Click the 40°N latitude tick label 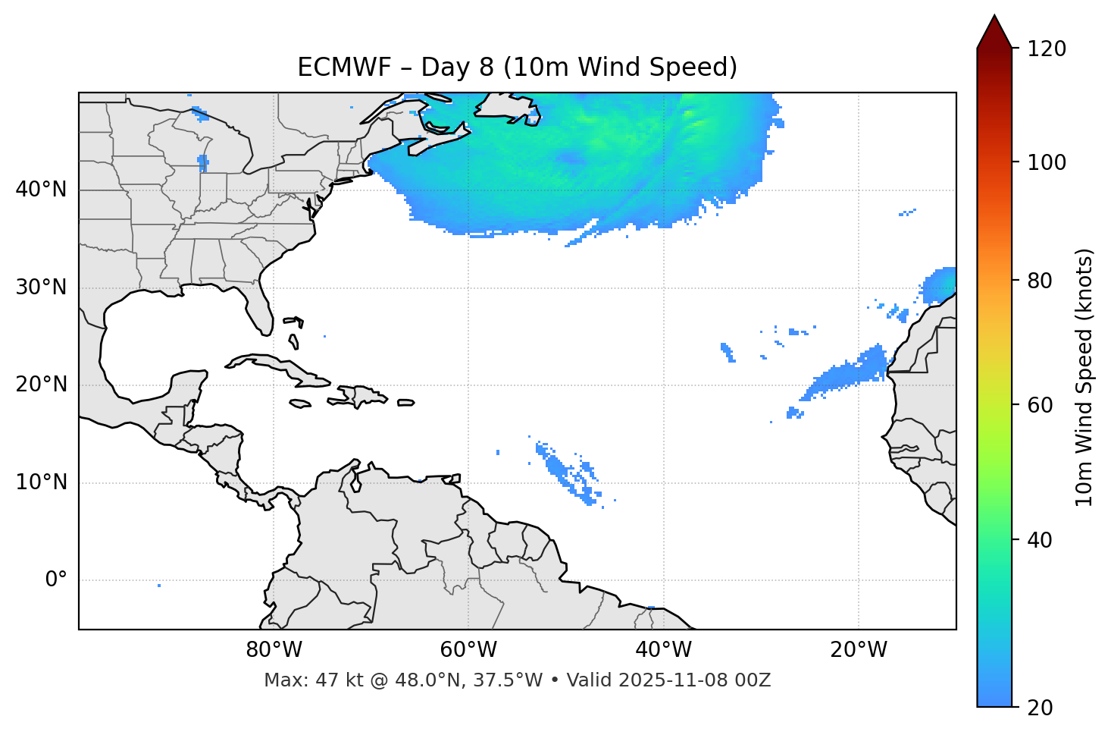41,190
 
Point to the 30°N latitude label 41,287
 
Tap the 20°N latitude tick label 41,385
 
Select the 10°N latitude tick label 41,482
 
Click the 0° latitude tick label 56,580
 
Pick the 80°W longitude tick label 274,650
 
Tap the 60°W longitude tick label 468,650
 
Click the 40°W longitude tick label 663,650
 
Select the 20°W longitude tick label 859,650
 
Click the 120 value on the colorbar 1047,49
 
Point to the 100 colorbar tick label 1047,162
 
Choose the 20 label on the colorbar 1040,708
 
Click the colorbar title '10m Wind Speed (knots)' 1084,378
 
